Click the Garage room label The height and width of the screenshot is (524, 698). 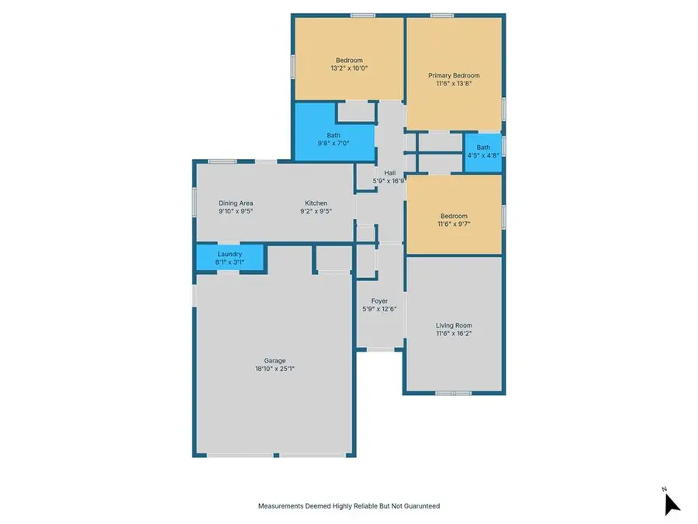pos(275,360)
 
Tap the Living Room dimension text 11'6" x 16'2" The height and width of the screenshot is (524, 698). pos(454,334)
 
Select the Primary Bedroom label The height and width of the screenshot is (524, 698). pos(454,75)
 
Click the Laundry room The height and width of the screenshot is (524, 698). pos(230,258)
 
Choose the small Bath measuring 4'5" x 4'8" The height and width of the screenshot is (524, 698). pos(483,151)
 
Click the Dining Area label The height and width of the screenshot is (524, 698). pos(236,203)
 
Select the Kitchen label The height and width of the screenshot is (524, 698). pos(316,203)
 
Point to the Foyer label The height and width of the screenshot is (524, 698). pos(379,301)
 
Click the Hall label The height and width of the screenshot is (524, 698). pos(390,173)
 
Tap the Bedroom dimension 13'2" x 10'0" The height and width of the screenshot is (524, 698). pos(348,68)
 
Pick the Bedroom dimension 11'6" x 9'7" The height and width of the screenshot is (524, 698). pos(454,224)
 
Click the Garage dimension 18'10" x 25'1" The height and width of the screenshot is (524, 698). pos(275,369)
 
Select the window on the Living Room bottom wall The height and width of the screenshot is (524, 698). pos(453,394)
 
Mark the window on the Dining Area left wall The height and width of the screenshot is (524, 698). pos(194,201)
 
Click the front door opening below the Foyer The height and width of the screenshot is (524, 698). pos(380,349)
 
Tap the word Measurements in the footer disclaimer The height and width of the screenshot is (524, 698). pos(282,506)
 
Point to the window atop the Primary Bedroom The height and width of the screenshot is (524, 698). pos(442,16)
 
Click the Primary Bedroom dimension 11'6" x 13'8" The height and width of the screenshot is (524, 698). pos(454,84)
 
